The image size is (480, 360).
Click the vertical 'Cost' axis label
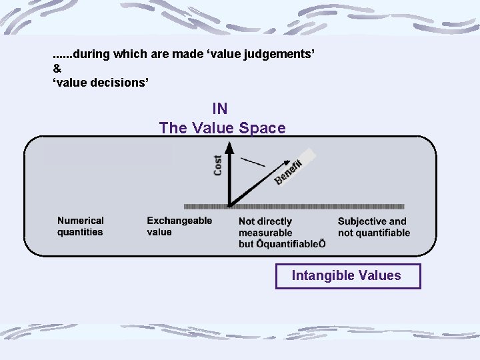(218, 165)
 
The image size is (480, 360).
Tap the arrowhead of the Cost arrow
(229, 150)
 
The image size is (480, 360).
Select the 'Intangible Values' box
(348, 276)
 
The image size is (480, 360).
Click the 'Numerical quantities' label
(81, 226)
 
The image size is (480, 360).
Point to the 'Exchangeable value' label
(179, 226)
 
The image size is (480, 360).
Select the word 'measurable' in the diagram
(265, 233)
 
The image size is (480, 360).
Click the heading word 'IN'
(220, 108)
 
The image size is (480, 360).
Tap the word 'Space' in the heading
(265, 128)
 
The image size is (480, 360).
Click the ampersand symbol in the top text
(57, 68)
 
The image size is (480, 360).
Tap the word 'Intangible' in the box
(319, 276)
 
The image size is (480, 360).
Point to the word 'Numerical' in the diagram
(81, 221)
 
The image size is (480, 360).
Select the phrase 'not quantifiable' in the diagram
(374, 233)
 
